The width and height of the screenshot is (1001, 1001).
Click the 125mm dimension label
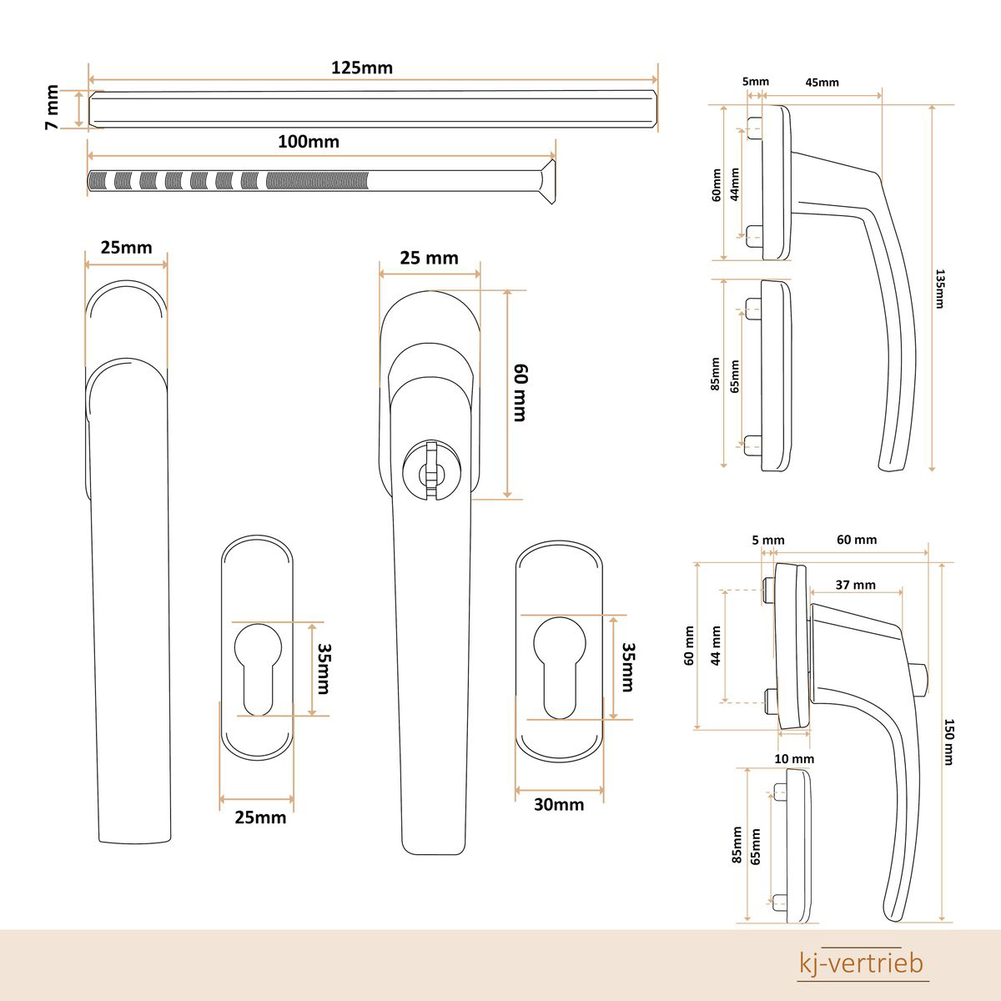(x=362, y=68)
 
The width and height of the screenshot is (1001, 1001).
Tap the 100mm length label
(x=309, y=141)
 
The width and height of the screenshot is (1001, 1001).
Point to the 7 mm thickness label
(x=52, y=107)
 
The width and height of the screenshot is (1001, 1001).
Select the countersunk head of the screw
(x=547, y=181)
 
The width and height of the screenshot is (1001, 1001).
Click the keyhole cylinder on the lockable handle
(x=431, y=471)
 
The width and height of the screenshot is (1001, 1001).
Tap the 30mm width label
(x=559, y=805)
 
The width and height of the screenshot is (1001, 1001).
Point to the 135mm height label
(x=940, y=289)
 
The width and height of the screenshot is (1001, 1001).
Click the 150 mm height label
(x=948, y=742)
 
